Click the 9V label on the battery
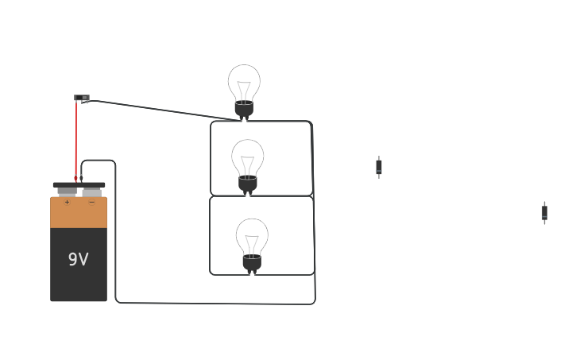click(78, 259)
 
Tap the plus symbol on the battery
click(67, 202)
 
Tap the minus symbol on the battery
click(92, 202)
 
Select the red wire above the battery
click(76, 141)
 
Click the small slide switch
click(82, 97)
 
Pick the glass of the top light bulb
click(244, 83)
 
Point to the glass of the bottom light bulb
click(252, 237)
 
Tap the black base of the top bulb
click(244, 110)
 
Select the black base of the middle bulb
click(248, 185)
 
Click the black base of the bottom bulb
click(252, 264)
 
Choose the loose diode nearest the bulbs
click(379, 167)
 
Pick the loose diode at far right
click(544, 213)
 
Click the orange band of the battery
click(79, 213)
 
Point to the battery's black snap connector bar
click(79, 185)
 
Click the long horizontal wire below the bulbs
click(215, 304)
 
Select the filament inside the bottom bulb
click(252, 245)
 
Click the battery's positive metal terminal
click(68, 192)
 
